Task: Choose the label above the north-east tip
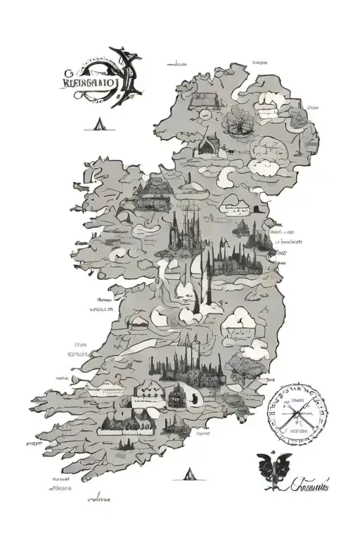point(259,62)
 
